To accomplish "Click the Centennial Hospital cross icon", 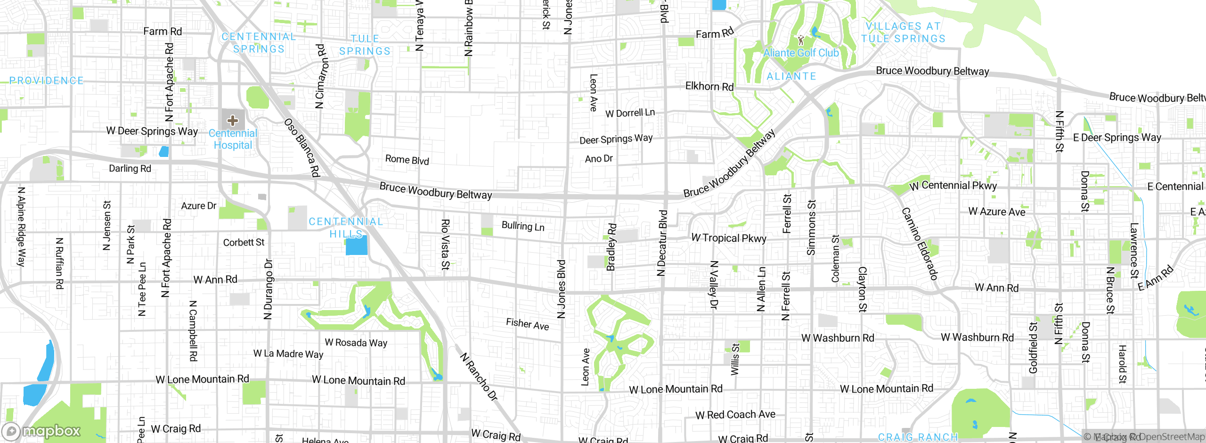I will pos(233,121).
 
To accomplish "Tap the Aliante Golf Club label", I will pos(801,53).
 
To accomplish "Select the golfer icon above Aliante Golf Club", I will pos(801,40).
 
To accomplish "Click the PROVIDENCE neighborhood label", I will pos(47,81).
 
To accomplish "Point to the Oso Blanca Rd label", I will pos(302,148).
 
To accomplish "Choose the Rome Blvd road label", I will pos(407,160).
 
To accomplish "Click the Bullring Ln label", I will pos(523,226).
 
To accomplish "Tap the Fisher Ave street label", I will pos(527,324).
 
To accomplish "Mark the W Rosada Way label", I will pos(356,343).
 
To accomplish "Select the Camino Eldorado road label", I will pos(920,244).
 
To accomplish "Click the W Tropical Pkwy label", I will pos(729,238).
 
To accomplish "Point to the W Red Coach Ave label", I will pos(735,415).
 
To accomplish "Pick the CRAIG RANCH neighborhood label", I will pos(918,437).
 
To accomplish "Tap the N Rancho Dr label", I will pos(479,377).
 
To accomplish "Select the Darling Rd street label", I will pos(130,168).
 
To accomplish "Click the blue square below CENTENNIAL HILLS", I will pos(357,245).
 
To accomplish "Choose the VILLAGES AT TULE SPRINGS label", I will pos(903,33).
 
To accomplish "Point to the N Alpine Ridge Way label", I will pos(21,227).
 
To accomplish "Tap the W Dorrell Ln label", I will pos(630,113).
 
